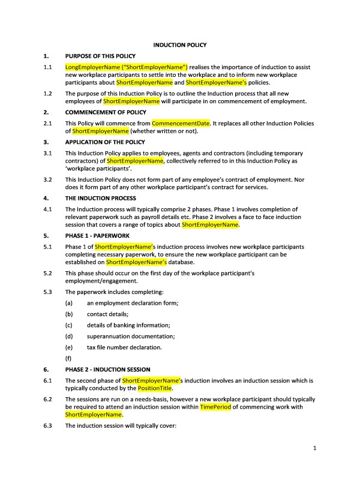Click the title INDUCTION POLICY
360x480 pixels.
pos(180,45)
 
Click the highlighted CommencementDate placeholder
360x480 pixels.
pos(181,123)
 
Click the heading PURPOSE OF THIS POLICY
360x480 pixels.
pos(104,56)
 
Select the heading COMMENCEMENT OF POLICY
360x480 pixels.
pos(106,112)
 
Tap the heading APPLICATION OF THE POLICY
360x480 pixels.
pos(105,142)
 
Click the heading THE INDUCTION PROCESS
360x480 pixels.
pos(100,198)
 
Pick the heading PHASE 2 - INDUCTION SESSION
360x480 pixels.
pos(108,369)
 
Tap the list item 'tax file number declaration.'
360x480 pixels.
pos(124,347)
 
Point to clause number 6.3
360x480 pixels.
pos(48,425)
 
